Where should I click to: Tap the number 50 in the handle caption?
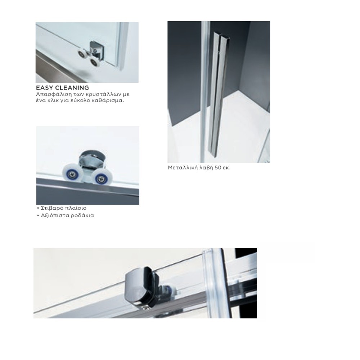(x=218, y=168)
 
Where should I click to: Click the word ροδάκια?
(x=82, y=215)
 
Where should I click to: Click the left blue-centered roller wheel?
(x=72, y=173)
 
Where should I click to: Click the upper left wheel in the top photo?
(x=82, y=54)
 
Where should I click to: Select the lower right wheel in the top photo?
(x=94, y=61)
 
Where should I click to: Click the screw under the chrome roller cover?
(x=145, y=309)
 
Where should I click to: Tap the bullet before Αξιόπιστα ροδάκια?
(x=38, y=215)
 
